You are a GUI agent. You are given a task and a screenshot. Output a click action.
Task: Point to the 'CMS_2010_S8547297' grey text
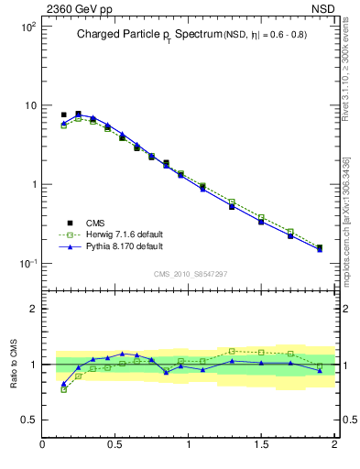[x=191, y=274]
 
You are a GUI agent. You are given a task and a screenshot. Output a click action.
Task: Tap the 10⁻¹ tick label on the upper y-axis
[x=26, y=264]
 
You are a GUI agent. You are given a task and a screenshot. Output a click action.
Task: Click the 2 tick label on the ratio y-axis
[x=31, y=309]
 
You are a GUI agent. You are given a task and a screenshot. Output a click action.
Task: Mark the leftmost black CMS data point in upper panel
[x=63, y=115]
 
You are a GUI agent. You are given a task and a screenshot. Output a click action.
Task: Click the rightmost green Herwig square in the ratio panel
[x=320, y=365]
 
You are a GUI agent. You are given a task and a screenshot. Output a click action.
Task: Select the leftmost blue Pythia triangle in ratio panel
[x=63, y=384]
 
